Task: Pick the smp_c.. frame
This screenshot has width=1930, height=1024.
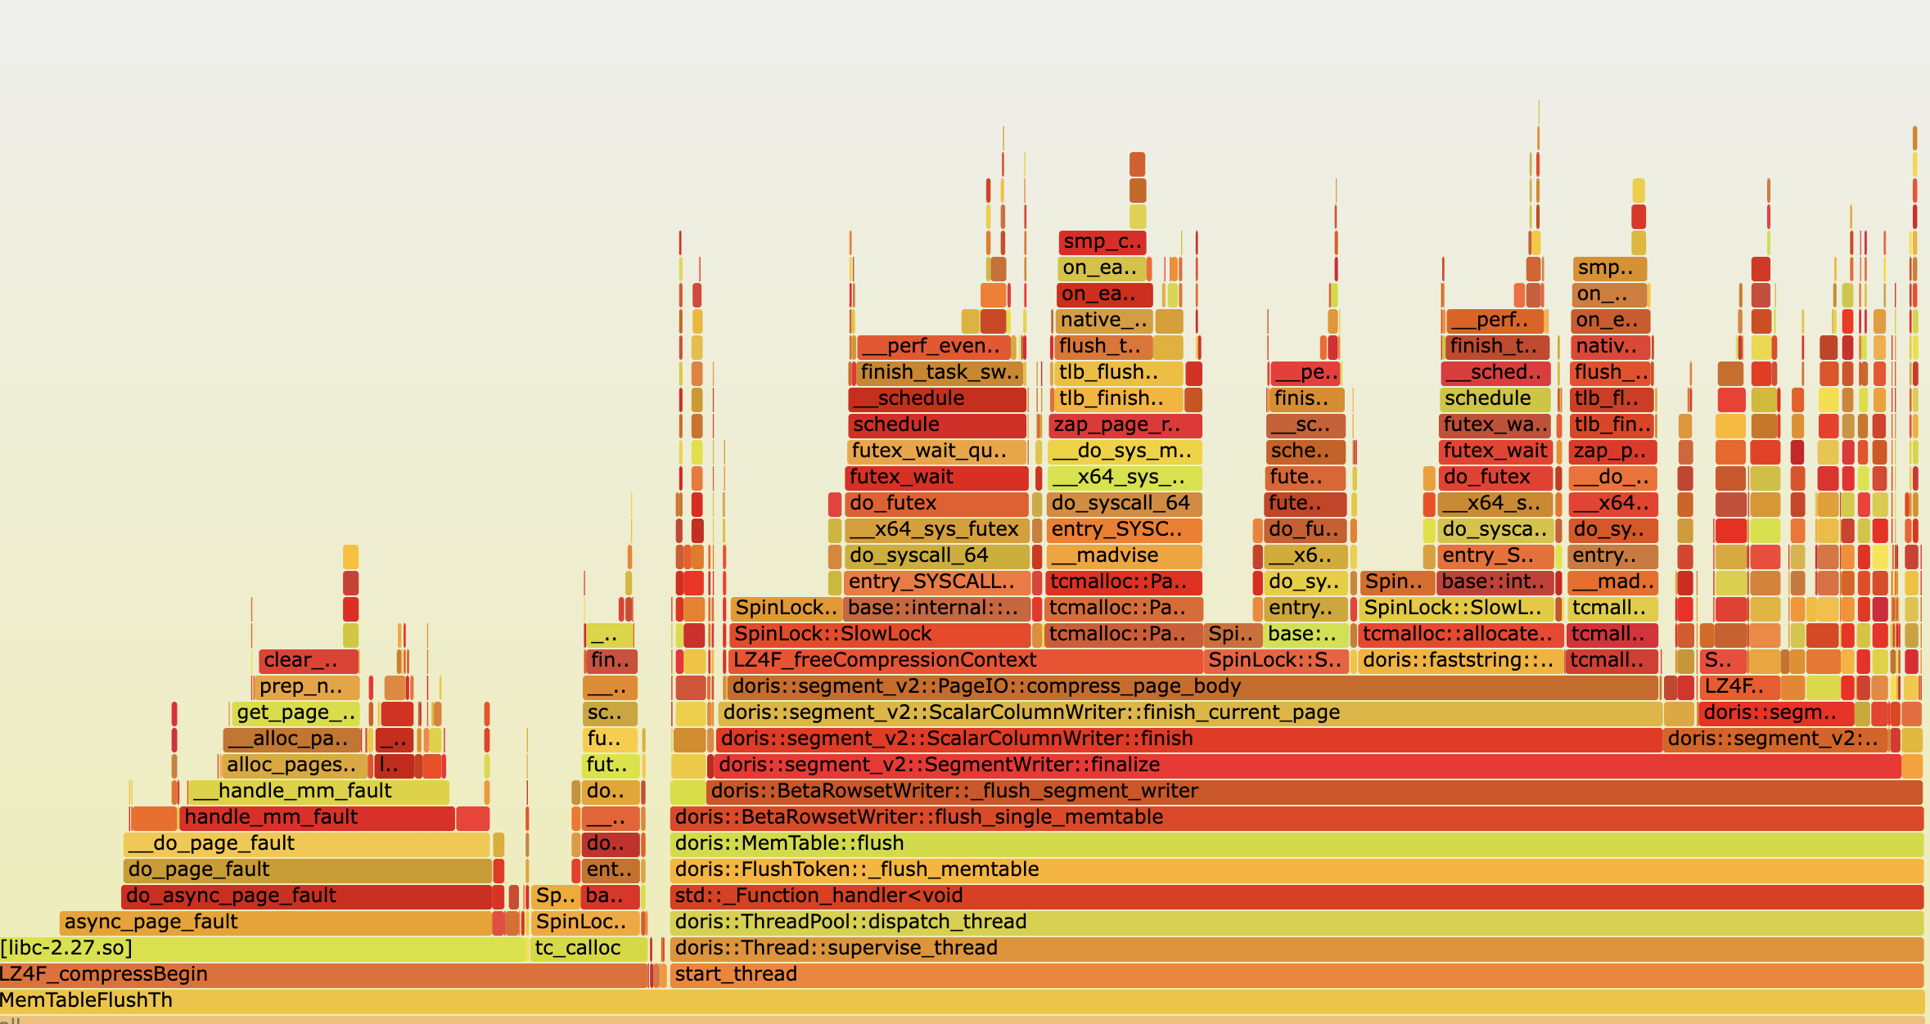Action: click(x=1102, y=241)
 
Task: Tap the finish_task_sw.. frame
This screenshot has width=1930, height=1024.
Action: click(x=938, y=372)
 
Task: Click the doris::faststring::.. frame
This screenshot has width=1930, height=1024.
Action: click(x=1458, y=660)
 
